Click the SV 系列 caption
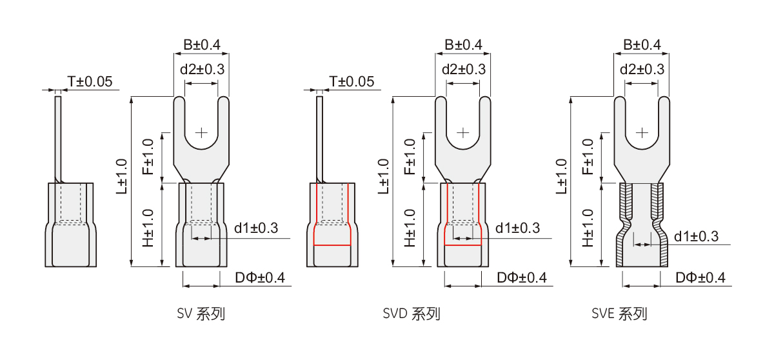201,314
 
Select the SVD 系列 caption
412,314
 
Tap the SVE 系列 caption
619,314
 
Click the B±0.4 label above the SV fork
202,45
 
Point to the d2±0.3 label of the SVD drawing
464,70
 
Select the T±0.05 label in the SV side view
90,81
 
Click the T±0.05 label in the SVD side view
352,81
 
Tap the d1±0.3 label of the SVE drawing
696,236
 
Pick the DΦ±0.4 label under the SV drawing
260,278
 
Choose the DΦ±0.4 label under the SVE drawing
700,278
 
